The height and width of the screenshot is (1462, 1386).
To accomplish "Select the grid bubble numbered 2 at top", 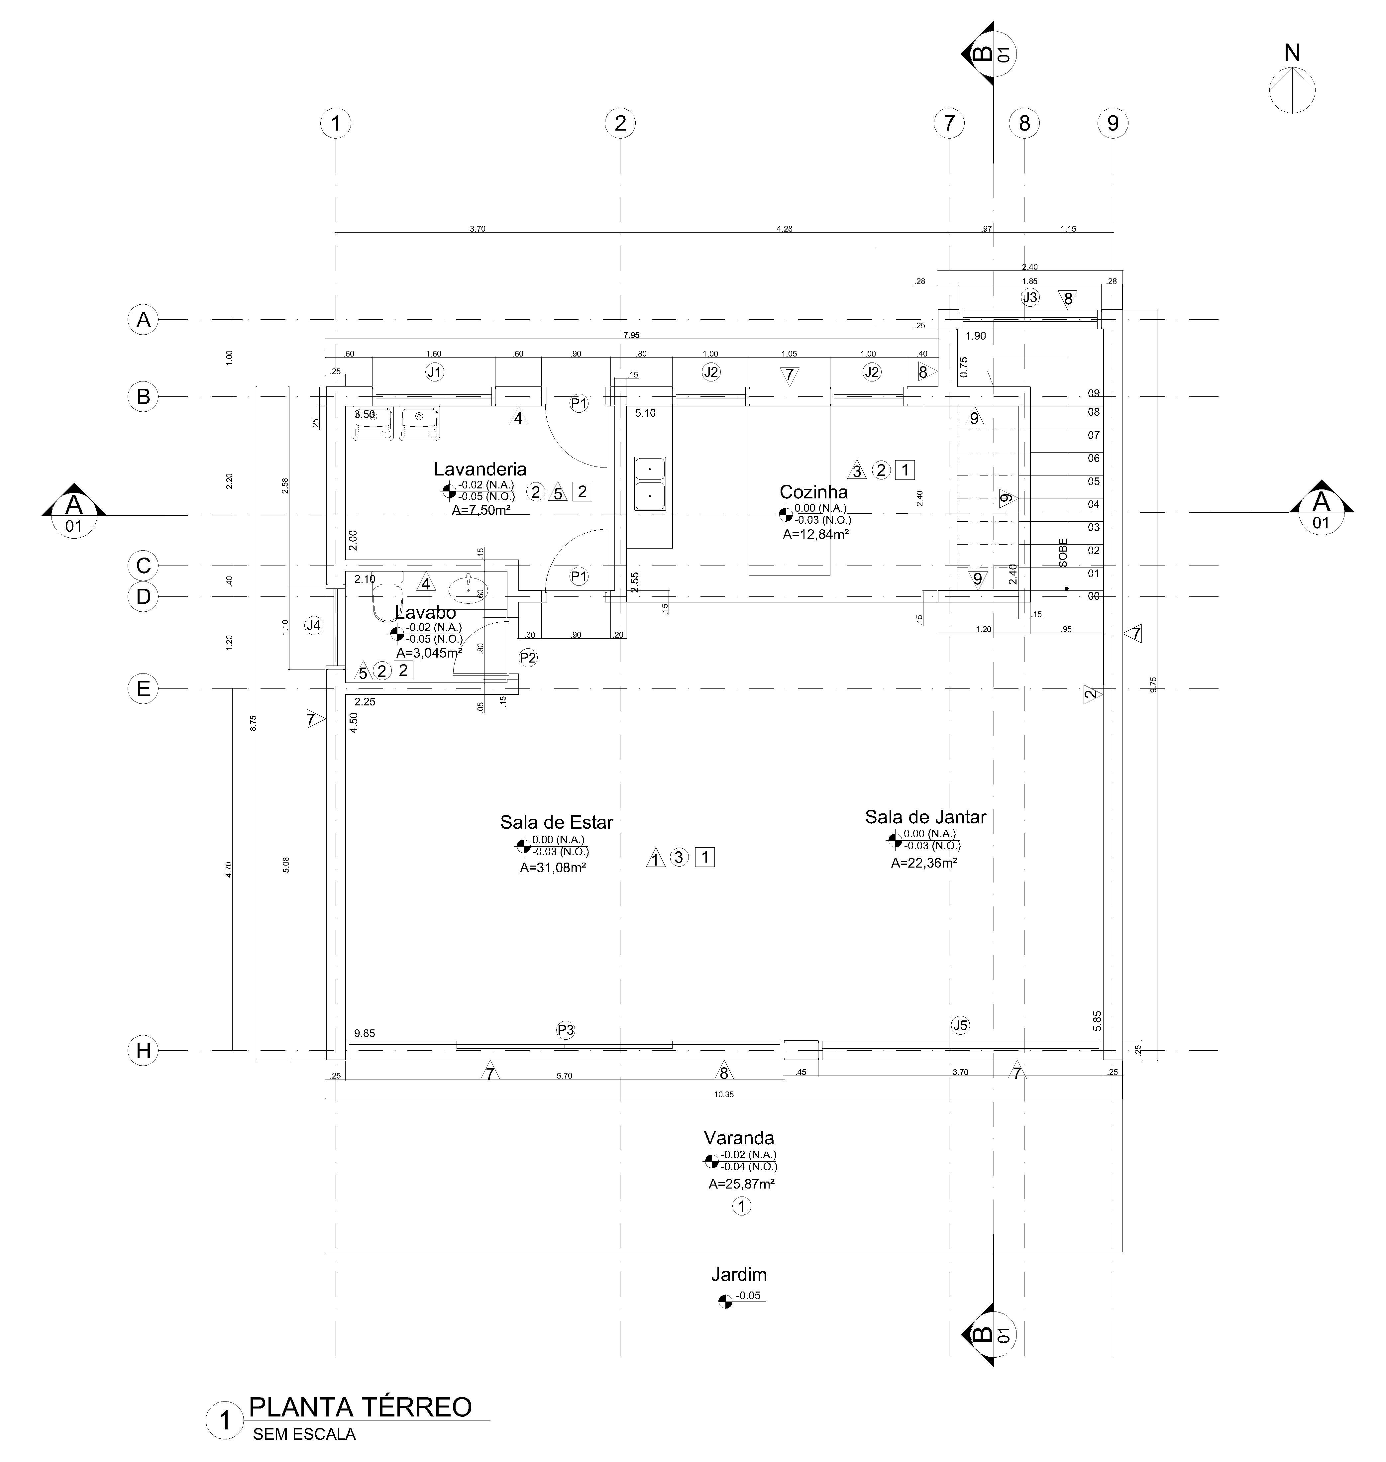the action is pyautogui.click(x=620, y=123).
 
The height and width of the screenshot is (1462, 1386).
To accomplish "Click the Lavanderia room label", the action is pyautogui.click(x=480, y=469).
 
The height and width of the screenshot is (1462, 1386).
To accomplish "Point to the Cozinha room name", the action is pyautogui.click(x=813, y=492).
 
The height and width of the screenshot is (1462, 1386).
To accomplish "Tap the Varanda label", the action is pyautogui.click(x=739, y=1138).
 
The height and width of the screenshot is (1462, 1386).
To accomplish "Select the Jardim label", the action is pyautogui.click(x=739, y=1274).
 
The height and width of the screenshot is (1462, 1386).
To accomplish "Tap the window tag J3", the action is pyautogui.click(x=1030, y=298).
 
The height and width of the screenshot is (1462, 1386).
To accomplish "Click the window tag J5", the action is pyautogui.click(x=960, y=1025).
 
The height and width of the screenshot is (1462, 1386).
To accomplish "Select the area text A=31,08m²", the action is pyautogui.click(x=553, y=868).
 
